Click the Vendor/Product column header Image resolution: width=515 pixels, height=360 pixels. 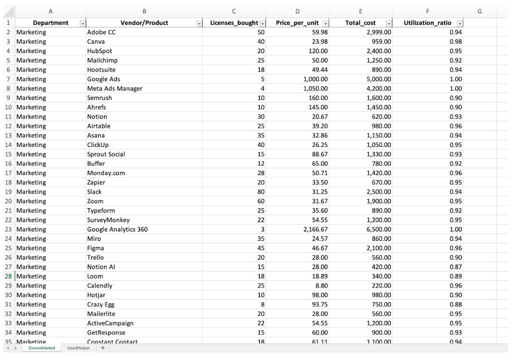tap(144, 23)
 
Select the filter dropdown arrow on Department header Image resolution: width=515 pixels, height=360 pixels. tap(82, 24)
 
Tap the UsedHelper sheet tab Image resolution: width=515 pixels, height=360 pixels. tap(78, 348)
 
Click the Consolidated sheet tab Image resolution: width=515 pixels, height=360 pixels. tap(42, 348)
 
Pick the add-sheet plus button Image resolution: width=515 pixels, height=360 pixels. tap(103, 348)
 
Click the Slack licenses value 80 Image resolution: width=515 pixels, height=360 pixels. tap(261, 192)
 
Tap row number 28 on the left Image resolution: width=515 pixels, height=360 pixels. tap(8, 277)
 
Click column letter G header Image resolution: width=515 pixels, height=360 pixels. tap(479, 12)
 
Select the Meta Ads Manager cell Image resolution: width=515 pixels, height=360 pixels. tap(115, 89)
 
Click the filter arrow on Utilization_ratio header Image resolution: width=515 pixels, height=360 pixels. tap(460, 24)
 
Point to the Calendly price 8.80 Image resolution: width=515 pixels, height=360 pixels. tap(321, 286)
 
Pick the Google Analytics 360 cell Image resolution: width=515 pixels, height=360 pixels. tap(117, 230)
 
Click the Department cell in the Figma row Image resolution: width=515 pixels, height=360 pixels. tap(31, 248)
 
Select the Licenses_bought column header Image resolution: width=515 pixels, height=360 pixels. tap(234, 23)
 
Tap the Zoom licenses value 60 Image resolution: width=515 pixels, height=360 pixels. tap(261, 202)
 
